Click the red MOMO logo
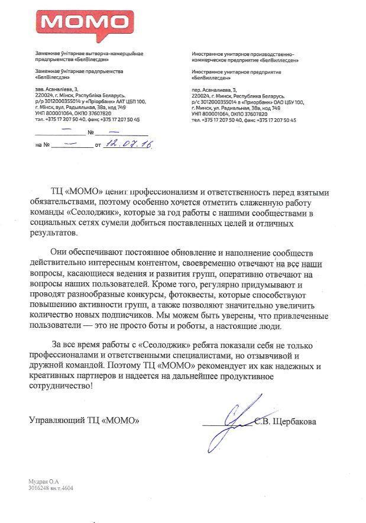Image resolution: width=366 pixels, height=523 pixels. pos(84,23)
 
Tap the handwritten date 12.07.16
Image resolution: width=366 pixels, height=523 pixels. pos(128,143)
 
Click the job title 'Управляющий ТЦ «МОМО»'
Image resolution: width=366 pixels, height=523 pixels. pos(85,421)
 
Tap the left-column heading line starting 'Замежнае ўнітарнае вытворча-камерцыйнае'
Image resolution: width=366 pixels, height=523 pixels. pos(89,54)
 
